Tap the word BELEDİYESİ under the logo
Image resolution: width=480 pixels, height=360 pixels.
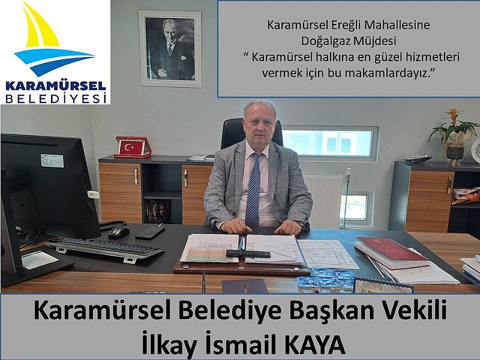56,98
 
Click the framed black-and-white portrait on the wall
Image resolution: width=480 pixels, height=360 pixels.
170,49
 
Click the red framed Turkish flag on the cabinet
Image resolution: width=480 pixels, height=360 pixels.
133,147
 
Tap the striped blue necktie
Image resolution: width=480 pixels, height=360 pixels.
253,190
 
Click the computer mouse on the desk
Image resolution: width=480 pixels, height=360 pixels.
118,232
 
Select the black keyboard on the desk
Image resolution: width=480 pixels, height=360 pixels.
105,248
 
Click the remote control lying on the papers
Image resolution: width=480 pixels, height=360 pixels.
248,253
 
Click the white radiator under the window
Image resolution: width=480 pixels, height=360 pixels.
324,200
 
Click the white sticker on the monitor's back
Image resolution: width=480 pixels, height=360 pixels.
52,161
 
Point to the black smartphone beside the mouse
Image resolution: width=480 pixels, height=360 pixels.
150,232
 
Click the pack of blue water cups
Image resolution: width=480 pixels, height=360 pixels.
326,280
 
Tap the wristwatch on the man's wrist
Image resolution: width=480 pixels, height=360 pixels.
302,224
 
